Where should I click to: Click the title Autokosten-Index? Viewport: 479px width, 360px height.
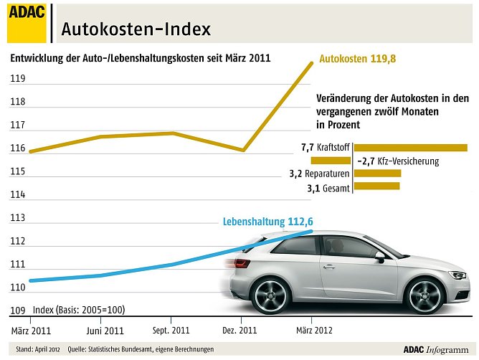(x=136, y=29)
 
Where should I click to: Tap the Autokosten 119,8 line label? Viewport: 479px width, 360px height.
(x=358, y=59)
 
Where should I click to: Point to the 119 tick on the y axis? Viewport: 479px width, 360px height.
(x=18, y=79)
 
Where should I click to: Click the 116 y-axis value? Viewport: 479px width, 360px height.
(x=18, y=148)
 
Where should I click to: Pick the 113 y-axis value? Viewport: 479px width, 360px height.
(x=18, y=218)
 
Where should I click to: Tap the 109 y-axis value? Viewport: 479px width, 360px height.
(x=18, y=311)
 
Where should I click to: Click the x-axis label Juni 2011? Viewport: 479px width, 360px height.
(x=104, y=331)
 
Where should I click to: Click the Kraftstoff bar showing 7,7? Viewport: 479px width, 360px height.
(x=410, y=148)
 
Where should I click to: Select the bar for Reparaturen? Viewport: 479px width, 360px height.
(x=377, y=174)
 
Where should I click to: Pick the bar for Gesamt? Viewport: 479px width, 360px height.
(x=376, y=187)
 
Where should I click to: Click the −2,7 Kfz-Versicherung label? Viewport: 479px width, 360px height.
(x=397, y=161)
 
